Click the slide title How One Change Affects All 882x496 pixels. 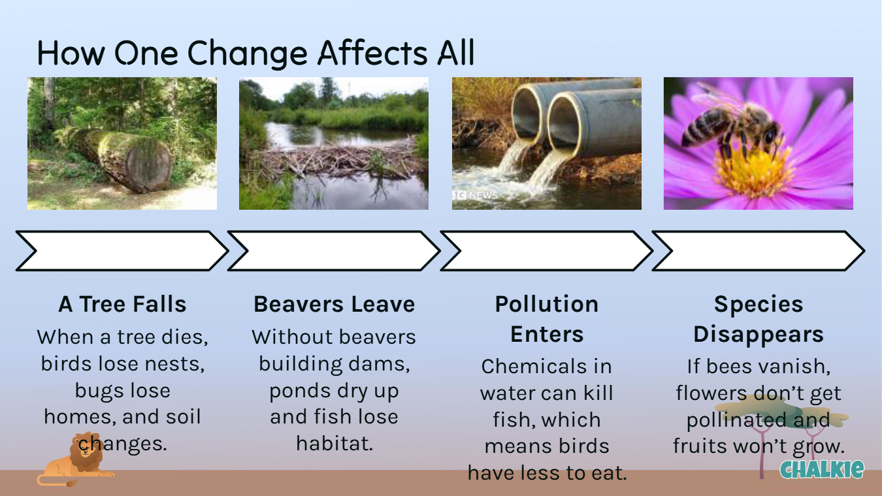(256, 53)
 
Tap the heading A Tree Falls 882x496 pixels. (122, 304)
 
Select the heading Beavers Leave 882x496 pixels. (335, 304)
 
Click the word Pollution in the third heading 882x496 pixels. (547, 304)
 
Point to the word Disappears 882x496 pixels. (759, 334)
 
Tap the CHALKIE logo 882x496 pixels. (822, 469)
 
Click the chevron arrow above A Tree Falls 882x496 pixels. (122, 251)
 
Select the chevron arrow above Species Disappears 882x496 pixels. (759, 251)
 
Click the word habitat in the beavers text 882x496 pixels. (335, 444)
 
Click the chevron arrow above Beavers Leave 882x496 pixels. (334, 251)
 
